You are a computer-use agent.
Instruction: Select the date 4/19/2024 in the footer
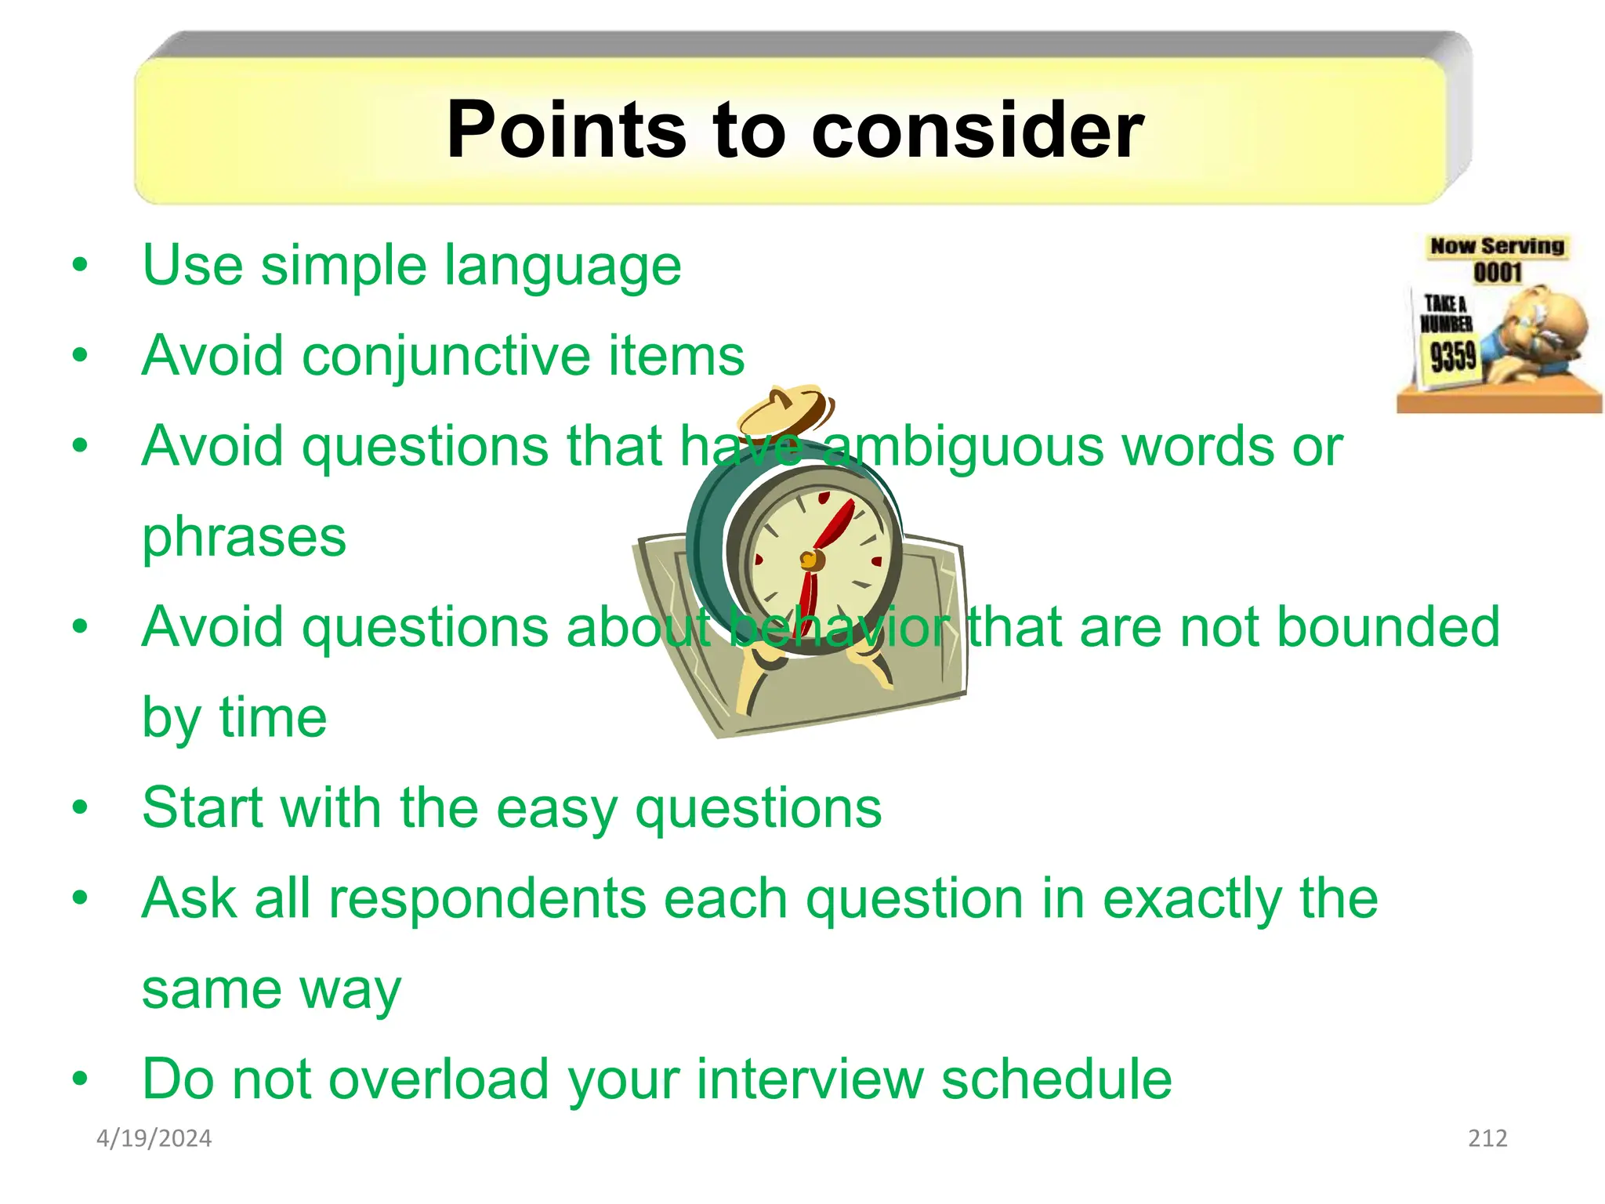pos(154,1138)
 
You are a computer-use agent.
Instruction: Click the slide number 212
pos(1487,1138)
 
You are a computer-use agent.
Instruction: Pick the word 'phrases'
pos(244,538)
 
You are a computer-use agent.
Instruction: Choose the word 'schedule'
pos(1056,1079)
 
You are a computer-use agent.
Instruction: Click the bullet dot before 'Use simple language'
pos(80,266)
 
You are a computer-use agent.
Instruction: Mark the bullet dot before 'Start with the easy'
pos(80,808)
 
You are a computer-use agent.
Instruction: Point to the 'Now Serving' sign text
pos(1497,246)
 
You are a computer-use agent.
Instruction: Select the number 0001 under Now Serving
pos(1497,272)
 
